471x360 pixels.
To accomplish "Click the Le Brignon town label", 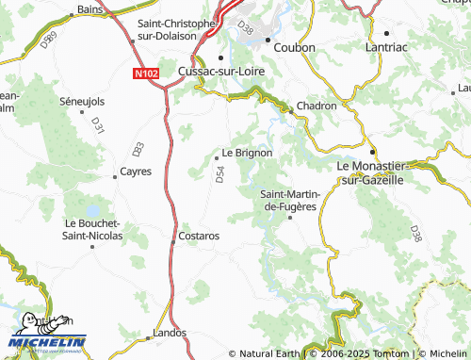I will (248, 153).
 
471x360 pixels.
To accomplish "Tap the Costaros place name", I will (199, 235).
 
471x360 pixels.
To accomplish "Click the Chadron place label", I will (317, 106).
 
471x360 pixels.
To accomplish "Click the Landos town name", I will (171, 333).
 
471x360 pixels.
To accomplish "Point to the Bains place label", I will (90, 8).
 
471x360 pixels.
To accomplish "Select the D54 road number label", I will (220, 174).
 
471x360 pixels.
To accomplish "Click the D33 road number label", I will (138, 148).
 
